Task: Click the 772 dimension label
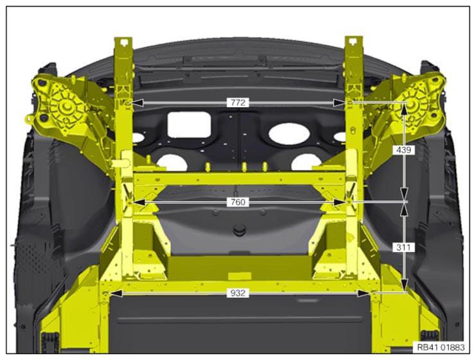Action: [238, 103]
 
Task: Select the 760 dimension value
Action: [238, 202]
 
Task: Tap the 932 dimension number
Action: [238, 293]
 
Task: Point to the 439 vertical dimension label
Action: [404, 150]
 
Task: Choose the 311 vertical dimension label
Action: [404, 248]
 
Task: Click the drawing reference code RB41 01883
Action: [441, 347]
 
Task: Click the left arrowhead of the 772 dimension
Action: [137, 103]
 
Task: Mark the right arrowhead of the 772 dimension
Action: [339, 103]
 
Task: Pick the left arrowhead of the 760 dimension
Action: [139, 202]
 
